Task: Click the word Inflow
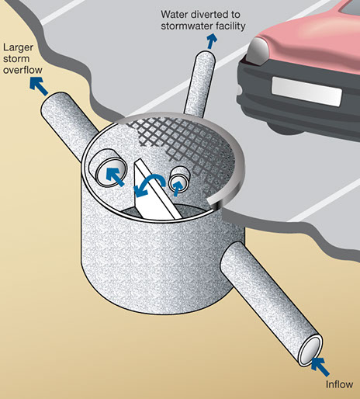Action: click(x=339, y=384)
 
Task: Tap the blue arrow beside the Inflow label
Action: click(x=320, y=366)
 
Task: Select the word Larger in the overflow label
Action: click(x=18, y=48)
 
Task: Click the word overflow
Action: click(x=22, y=70)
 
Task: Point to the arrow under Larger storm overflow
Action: click(x=39, y=86)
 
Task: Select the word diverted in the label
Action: click(x=209, y=15)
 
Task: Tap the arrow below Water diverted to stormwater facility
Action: click(x=212, y=41)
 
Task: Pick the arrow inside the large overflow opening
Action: click(x=115, y=176)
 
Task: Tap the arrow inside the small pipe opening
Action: click(x=178, y=188)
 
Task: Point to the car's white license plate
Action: click(x=306, y=91)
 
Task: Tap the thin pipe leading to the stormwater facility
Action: click(x=199, y=83)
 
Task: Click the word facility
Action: click(x=232, y=26)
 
